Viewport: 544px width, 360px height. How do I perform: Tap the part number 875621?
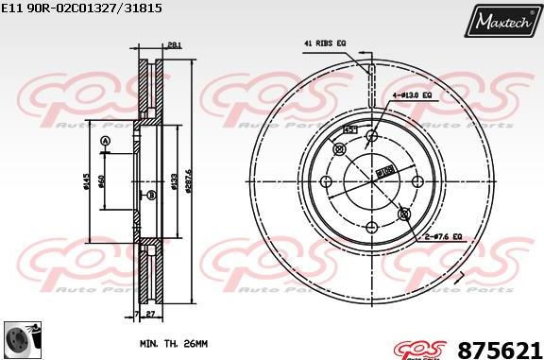[499, 349]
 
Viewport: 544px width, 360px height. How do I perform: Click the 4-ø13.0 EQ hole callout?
[413, 95]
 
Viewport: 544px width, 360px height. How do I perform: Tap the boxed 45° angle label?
[349, 129]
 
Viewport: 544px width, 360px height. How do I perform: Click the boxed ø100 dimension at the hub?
[384, 171]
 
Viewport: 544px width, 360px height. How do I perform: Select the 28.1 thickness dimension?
[173, 43]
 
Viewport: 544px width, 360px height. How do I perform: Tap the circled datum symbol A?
[105, 142]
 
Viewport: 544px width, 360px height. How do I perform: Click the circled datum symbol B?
[150, 195]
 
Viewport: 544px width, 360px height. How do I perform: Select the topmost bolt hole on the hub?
[371, 136]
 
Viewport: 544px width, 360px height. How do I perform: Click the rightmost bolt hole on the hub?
[416, 180]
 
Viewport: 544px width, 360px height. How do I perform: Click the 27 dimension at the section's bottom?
[148, 313]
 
